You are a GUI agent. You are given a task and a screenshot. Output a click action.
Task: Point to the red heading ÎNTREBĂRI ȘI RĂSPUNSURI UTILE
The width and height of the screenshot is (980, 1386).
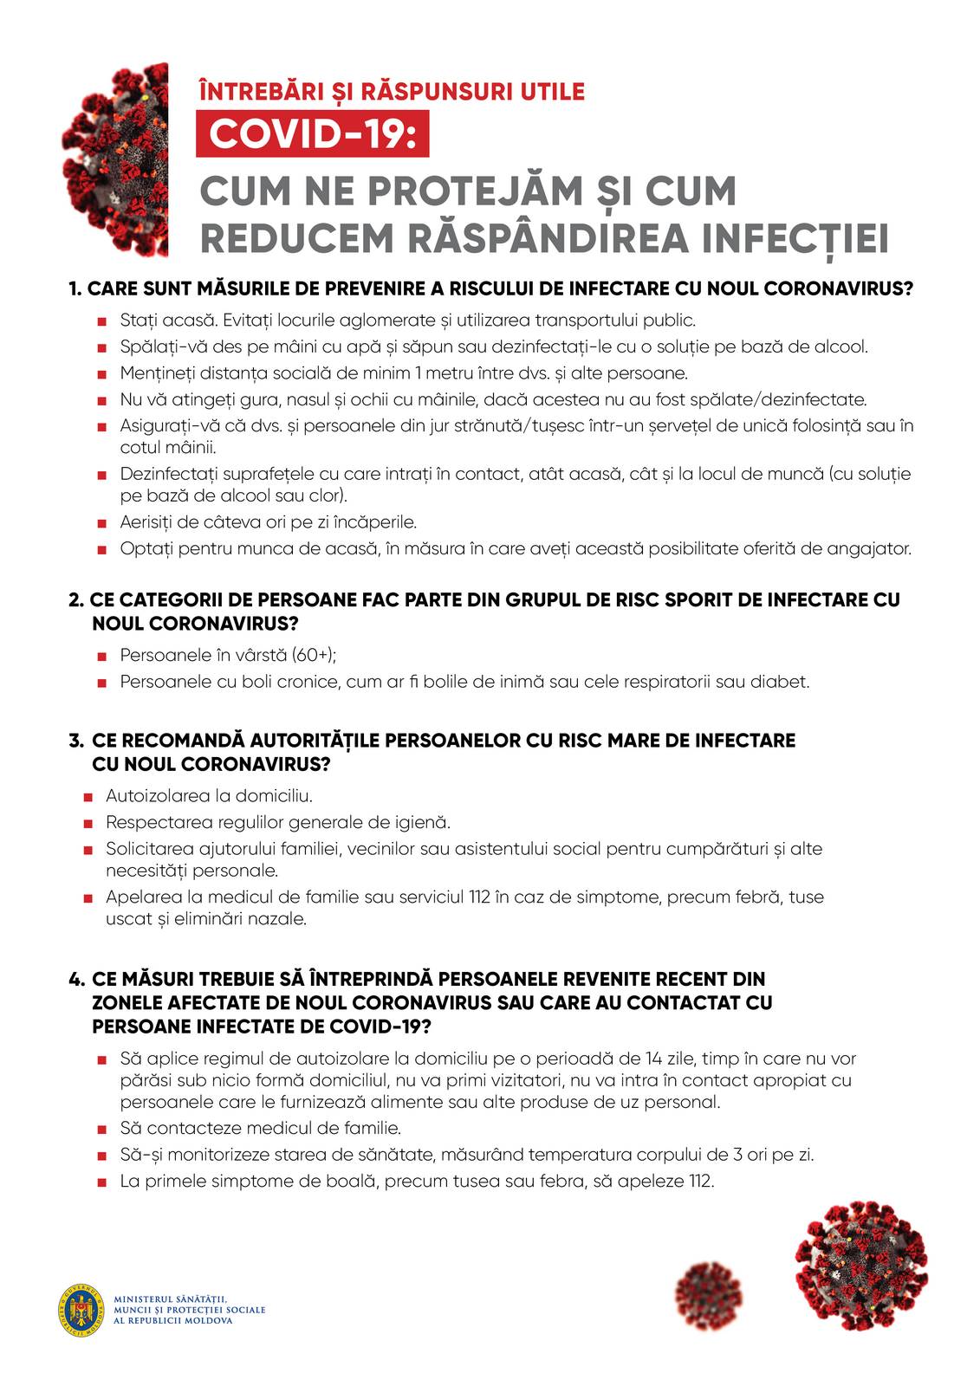click(392, 92)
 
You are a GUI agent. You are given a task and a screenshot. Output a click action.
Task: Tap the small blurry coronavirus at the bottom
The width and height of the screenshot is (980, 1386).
click(709, 1295)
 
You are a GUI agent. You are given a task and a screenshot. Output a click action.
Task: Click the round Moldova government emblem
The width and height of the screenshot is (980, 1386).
click(82, 1309)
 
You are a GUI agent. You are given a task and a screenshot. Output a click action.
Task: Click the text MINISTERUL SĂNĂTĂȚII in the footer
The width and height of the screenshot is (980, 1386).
click(170, 1299)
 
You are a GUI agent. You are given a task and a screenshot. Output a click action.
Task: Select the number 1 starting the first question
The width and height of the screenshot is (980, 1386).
click(75, 289)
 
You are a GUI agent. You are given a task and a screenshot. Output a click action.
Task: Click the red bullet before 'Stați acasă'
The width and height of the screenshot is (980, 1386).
click(102, 322)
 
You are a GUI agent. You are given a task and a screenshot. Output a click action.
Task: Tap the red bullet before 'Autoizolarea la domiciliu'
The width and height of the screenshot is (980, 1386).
click(88, 797)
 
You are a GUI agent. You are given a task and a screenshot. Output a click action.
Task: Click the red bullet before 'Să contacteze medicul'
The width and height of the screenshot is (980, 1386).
click(102, 1130)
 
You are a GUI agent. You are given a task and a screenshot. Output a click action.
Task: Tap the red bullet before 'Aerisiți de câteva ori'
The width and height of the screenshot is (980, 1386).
click(102, 523)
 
